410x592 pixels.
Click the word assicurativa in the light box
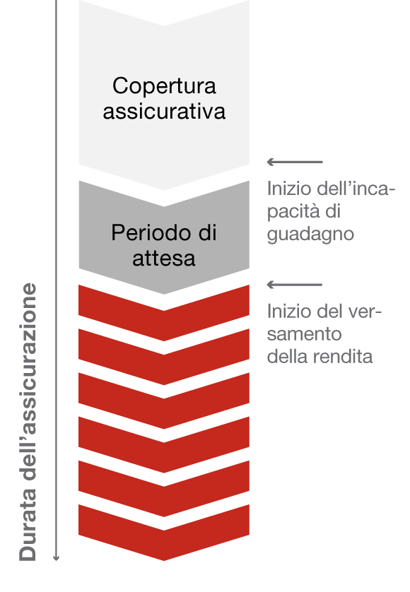(x=164, y=112)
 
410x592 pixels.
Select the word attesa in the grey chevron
(x=164, y=259)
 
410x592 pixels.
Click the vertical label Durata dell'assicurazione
(x=28, y=422)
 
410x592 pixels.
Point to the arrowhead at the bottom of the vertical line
(x=57, y=558)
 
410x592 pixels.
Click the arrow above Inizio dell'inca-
(x=295, y=162)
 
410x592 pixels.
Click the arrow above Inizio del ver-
(x=295, y=285)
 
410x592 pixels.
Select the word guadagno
(x=310, y=235)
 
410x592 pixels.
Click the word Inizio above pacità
(x=289, y=189)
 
